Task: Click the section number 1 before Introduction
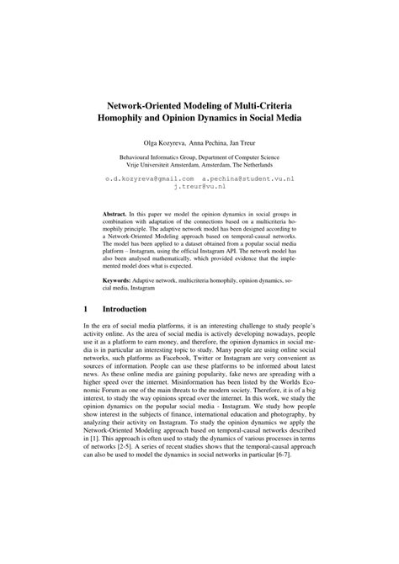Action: (x=86, y=310)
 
